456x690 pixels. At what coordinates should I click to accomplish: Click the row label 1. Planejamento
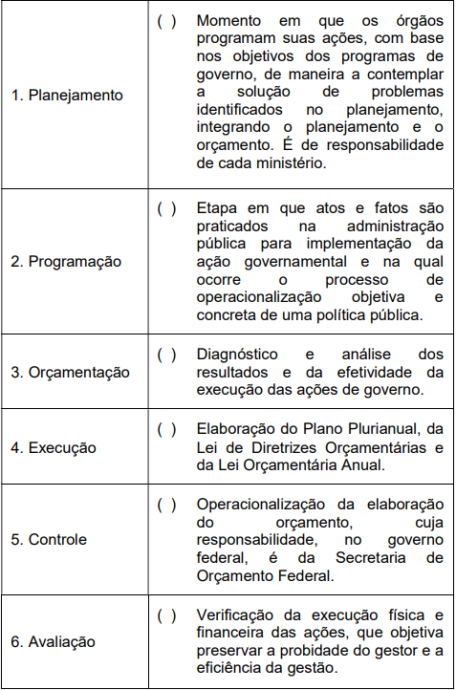tap(67, 96)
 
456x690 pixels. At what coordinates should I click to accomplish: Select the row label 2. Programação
tap(67, 261)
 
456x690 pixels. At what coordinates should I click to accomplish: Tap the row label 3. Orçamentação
tap(70, 372)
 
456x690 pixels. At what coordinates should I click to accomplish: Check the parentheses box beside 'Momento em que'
tap(166, 21)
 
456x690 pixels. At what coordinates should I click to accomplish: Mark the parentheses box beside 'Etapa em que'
tap(166, 208)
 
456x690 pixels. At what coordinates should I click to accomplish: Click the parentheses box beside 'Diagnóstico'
tap(166, 355)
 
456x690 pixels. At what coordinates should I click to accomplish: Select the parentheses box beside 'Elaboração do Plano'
tap(166, 429)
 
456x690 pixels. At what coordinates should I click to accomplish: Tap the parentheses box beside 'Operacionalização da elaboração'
tap(166, 504)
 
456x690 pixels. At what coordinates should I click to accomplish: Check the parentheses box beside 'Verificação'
tap(166, 615)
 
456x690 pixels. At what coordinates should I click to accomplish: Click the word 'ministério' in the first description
tap(286, 163)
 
